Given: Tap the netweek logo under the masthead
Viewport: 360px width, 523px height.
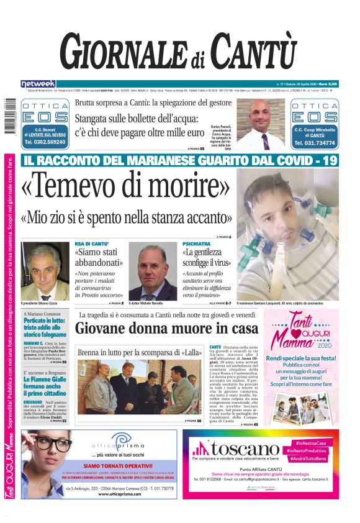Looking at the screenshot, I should tap(38, 84).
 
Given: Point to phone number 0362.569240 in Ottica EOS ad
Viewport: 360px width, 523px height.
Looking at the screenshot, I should tap(45, 142).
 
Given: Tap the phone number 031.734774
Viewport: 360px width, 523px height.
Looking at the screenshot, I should tap(314, 142).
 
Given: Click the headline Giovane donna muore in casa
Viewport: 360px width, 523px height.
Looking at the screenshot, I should tap(167, 327).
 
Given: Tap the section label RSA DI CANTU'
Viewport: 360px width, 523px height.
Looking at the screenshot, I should tap(92, 244).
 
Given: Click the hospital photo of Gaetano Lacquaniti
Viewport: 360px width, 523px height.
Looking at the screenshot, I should tap(287, 234).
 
